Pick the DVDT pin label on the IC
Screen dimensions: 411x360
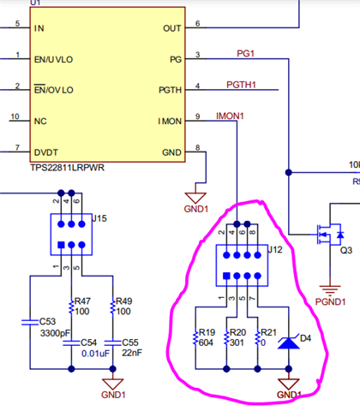46,151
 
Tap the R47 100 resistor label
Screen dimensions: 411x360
82,307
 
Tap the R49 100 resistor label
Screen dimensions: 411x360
125,307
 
